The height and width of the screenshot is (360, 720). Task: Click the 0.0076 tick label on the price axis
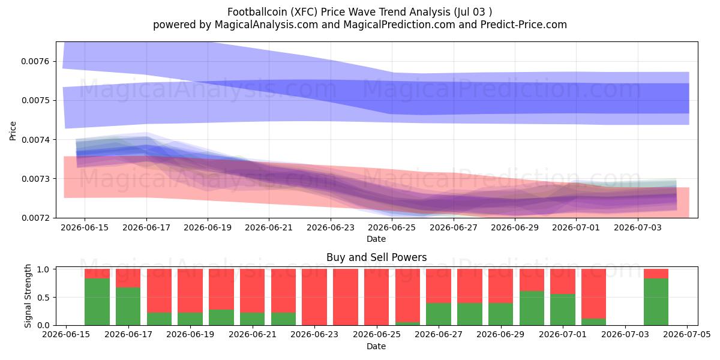[x=35, y=61]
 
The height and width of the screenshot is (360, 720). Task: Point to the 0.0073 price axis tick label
[x=35, y=179]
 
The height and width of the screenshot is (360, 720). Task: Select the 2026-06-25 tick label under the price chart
[x=392, y=227]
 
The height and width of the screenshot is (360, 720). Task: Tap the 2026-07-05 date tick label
[x=687, y=335]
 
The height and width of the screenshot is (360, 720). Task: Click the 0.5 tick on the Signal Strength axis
[x=43, y=298]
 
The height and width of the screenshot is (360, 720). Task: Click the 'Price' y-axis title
[x=13, y=131]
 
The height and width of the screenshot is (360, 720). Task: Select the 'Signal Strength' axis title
[x=28, y=296]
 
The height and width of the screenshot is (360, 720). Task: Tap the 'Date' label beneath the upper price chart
[x=376, y=239]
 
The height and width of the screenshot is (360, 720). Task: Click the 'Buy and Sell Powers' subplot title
[x=376, y=257]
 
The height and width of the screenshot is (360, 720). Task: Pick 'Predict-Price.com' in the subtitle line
[x=524, y=25]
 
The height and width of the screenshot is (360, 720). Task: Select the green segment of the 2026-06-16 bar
[x=97, y=302]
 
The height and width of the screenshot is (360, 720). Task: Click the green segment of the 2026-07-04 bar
[x=656, y=302]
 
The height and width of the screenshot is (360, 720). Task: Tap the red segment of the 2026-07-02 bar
[x=593, y=294]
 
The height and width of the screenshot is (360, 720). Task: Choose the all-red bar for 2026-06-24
[x=346, y=297]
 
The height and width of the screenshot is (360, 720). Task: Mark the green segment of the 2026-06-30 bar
[x=532, y=308]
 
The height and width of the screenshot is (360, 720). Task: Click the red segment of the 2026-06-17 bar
[x=128, y=278]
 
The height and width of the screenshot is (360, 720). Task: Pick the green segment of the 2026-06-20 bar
[x=221, y=317]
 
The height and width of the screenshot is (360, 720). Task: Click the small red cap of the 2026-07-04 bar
[x=656, y=274]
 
